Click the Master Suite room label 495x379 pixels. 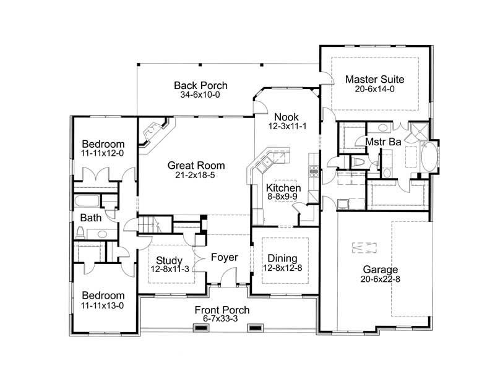point(374,79)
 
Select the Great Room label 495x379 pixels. point(196,166)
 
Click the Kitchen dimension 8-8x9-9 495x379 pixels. point(283,198)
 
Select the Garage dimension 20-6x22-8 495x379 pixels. point(381,280)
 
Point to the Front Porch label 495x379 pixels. point(222,310)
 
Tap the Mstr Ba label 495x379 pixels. point(383,142)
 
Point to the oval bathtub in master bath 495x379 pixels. point(428,156)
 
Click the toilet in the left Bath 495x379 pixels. point(80,233)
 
